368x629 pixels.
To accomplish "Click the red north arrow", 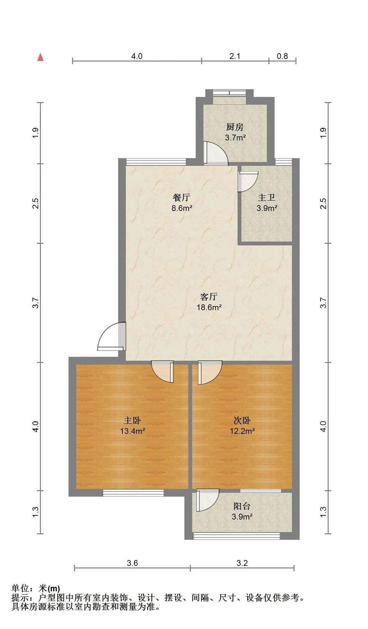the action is coord(41,57).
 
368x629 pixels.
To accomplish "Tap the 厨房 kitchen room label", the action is coord(235,127).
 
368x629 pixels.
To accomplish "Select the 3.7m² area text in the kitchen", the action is coord(235,138).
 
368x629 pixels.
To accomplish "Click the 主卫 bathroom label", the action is coord(266,198).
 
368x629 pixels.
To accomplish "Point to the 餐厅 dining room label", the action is coord(181,198).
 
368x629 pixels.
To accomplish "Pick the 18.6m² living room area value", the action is coord(209,307).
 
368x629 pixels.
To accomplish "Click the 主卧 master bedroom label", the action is coord(132,420).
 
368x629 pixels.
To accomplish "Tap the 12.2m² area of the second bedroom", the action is coord(242,431).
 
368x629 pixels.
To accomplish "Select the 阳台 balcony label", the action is coord(242,506).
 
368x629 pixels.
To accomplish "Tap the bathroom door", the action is coord(248,181).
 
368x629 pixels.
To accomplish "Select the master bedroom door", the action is coord(163,372).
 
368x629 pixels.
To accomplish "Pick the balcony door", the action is coord(207,500).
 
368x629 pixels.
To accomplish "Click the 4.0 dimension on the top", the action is coord(137,56).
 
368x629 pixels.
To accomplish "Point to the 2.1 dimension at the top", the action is coord(235,56).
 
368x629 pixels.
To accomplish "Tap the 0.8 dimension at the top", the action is coord(282,56).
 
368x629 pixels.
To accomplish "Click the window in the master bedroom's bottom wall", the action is coord(133,493).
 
